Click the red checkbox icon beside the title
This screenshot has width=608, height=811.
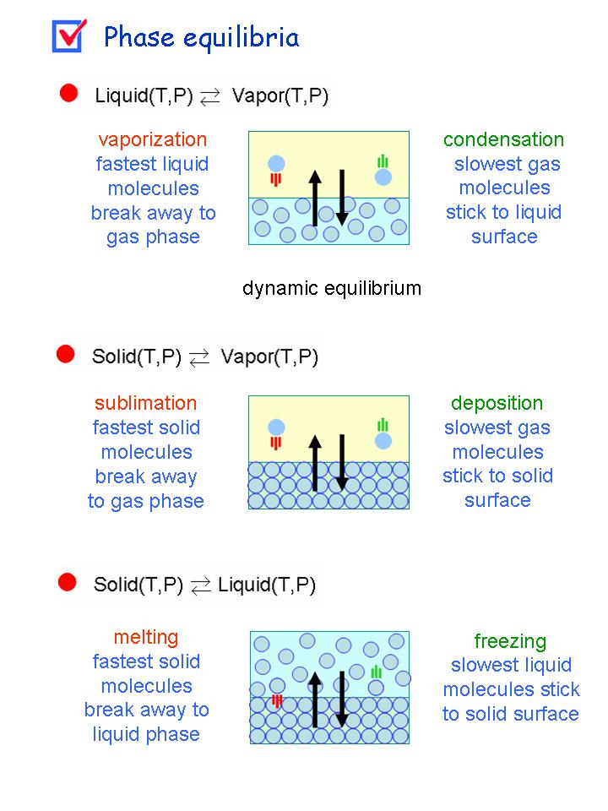(68, 35)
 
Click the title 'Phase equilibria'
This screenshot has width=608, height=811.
(201, 38)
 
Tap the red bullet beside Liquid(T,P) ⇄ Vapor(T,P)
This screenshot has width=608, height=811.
(69, 94)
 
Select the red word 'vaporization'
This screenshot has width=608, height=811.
(152, 140)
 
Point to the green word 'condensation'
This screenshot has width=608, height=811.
(503, 140)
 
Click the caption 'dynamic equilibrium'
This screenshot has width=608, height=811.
(331, 289)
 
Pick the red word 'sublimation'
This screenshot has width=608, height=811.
(145, 403)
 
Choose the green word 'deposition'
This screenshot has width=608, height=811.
(497, 403)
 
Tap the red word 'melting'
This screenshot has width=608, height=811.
(146, 637)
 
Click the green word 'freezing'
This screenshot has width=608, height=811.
(510, 641)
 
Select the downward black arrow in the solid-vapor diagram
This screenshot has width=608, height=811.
(341, 461)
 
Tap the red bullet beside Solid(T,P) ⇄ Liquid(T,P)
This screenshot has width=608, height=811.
(68, 582)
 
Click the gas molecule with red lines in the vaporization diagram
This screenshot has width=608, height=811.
(276, 164)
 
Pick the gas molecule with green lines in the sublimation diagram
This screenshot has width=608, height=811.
(383, 440)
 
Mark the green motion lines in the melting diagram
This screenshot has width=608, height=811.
(377, 672)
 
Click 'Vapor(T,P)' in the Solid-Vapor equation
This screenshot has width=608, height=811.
(269, 357)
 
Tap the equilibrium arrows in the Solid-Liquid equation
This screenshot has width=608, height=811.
(200, 585)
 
